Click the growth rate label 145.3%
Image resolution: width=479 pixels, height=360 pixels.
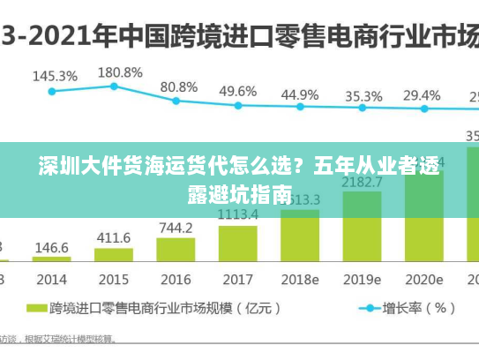coord(55,76)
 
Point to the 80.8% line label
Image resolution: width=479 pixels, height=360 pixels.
coord(178,86)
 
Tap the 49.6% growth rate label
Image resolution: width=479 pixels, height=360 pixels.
coord(237,91)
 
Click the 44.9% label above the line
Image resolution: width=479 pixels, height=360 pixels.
coord(300,94)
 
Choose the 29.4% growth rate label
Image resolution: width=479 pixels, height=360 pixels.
coord(422,94)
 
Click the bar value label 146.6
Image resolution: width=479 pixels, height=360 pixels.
coord(51,248)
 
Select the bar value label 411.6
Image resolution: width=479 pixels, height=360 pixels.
coord(113,238)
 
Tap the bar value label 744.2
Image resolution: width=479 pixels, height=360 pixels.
coord(176,228)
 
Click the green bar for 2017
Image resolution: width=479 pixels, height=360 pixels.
coord(237,243)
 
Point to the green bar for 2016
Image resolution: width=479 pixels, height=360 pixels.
coord(176,250)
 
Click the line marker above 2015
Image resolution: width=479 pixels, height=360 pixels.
coord(114,86)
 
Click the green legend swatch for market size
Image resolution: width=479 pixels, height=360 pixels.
coord(36,308)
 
